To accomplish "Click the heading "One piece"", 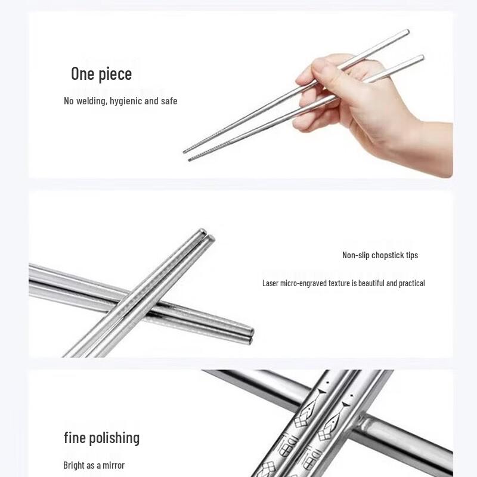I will coord(101,74).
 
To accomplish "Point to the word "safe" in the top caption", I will coord(169,101).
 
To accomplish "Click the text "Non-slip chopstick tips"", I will coord(380,255).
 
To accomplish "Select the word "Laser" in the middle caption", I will coord(271,283).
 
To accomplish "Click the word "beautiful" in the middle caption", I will coord(368,283).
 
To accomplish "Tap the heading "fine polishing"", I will coord(101,438).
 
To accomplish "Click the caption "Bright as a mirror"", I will coord(94,465).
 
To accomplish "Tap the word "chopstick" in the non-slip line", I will coord(387,255).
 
